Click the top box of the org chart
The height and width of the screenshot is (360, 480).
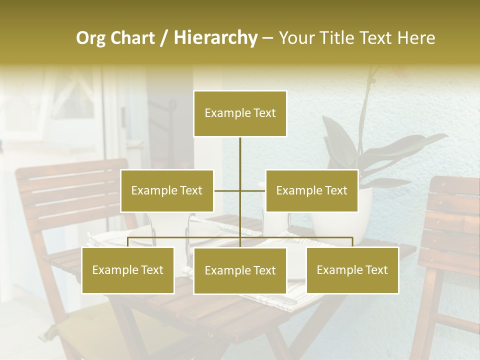(x=240, y=113)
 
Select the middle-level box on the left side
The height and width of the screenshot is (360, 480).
(x=167, y=190)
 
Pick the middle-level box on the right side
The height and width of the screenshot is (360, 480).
(x=311, y=190)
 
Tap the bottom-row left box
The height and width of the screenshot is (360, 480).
(x=128, y=270)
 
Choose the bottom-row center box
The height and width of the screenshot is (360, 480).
(x=240, y=270)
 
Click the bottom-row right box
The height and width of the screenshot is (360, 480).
(x=352, y=270)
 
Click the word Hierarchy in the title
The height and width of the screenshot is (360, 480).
(x=215, y=38)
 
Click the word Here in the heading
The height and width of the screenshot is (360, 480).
(x=413, y=38)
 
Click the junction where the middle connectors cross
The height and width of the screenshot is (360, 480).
(x=240, y=190)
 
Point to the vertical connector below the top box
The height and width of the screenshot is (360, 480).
(x=240, y=155)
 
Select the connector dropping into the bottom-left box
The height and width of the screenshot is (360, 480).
(x=128, y=242)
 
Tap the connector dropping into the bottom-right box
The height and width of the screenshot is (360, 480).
(x=352, y=242)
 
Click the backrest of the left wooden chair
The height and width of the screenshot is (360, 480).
(x=70, y=195)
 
